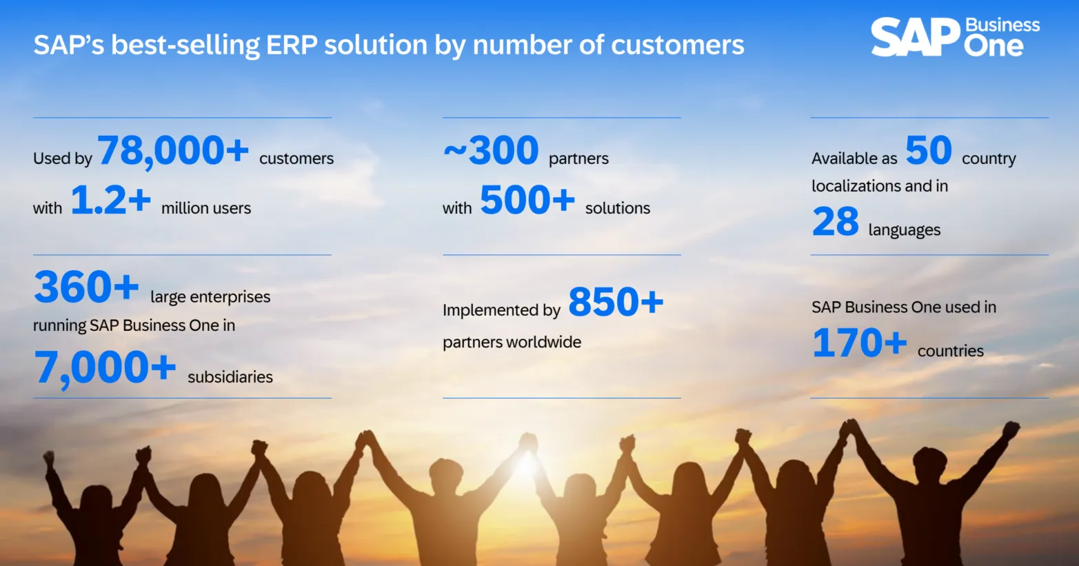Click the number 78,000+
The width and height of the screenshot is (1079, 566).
point(173,151)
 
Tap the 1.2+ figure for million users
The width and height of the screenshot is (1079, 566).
point(110,201)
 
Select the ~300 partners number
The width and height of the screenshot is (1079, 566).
point(491,151)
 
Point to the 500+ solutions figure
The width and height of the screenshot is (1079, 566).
point(527,201)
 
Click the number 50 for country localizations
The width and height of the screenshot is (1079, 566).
point(928,151)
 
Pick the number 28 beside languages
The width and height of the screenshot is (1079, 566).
point(835,223)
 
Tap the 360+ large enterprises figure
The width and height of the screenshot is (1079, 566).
point(86,287)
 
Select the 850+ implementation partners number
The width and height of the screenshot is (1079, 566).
point(615,303)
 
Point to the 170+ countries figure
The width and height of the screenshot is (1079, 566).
point(859,343)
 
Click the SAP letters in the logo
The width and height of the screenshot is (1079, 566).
point(914,37)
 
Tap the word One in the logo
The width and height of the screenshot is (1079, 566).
point(994,47)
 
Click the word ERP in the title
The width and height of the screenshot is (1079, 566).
point(292,46)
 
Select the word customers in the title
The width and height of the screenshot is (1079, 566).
point(677,46)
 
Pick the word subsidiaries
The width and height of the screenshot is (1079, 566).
point(230,377)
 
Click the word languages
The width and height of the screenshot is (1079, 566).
point(904,230)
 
